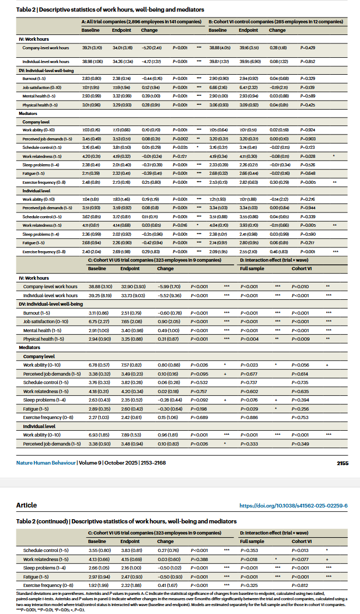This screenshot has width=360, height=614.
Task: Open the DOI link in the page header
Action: (x=293, y=505)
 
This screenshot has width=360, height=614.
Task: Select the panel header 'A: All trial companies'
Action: (x=141, y=21)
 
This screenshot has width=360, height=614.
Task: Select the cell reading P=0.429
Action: (x=308, y=48)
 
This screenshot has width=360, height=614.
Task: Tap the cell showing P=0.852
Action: (x=308, y=61)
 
